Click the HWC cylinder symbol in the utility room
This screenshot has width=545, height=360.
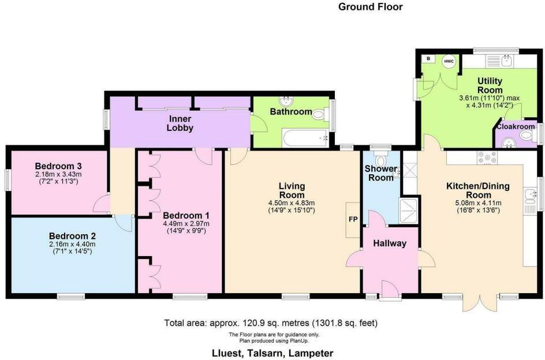coord(449,61)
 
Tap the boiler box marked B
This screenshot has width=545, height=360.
coord(428,59)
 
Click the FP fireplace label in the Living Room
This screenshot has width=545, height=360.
coord(351,219)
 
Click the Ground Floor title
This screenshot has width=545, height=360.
coord(370,7)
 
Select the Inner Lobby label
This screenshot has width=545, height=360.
coord(180,123)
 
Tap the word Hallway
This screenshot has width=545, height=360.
coord(390,243)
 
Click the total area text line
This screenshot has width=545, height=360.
coord(271,322)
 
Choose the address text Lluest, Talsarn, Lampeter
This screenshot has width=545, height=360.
coord(271,352)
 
